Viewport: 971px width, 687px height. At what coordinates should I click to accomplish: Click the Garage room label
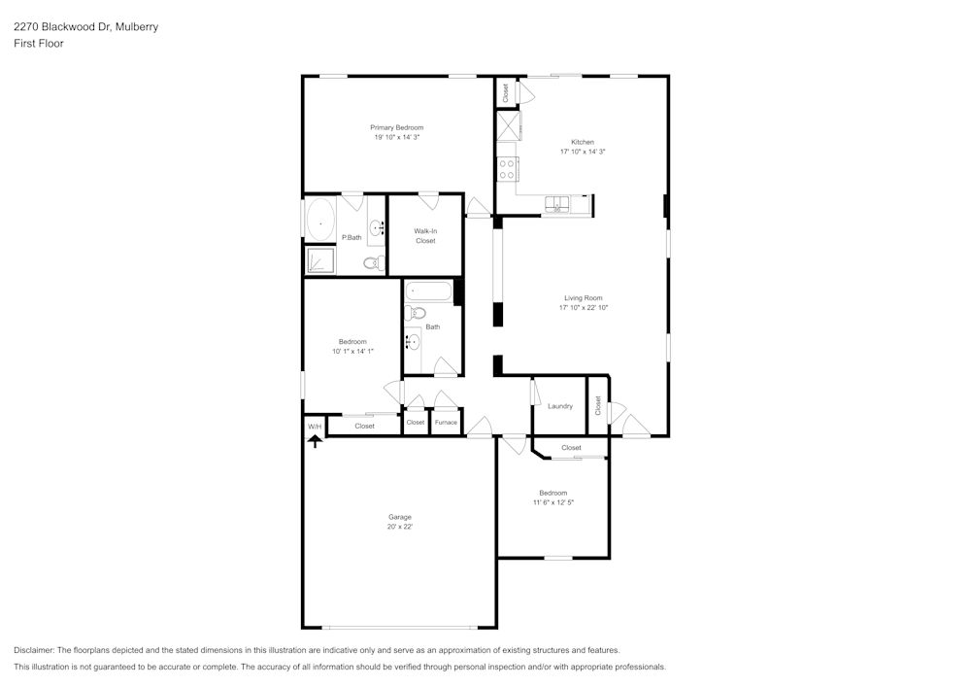point(400,517)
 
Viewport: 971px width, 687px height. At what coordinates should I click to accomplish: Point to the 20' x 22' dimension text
point(400,527)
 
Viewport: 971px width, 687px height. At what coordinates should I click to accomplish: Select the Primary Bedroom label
point(396,127)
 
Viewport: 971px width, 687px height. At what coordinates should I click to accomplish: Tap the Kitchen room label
point(582,142)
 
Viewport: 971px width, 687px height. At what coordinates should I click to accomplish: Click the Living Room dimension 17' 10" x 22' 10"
point(583,308)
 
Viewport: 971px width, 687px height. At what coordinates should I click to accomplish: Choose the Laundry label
point(559,406)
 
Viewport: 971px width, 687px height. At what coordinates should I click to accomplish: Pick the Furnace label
point(446,423)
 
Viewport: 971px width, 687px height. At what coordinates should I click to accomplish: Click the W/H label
point(315,427)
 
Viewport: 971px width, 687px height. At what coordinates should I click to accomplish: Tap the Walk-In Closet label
point(425,235)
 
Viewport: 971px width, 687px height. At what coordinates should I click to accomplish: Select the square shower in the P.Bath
point(319,260)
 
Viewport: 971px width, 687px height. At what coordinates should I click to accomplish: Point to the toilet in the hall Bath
point(416,313)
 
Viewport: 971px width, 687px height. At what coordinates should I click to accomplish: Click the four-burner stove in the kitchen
point(506,169)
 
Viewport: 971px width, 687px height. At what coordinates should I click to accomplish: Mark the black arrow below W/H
point(315,440)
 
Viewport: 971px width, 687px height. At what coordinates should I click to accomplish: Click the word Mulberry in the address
point(137,27)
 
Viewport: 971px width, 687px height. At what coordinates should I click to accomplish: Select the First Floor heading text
point(39,44)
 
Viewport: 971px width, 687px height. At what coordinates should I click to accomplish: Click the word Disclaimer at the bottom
point(34,650)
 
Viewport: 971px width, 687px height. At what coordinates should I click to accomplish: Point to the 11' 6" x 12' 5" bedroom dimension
point(552,502)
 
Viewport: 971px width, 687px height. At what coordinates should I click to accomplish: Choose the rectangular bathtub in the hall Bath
point(428,291)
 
